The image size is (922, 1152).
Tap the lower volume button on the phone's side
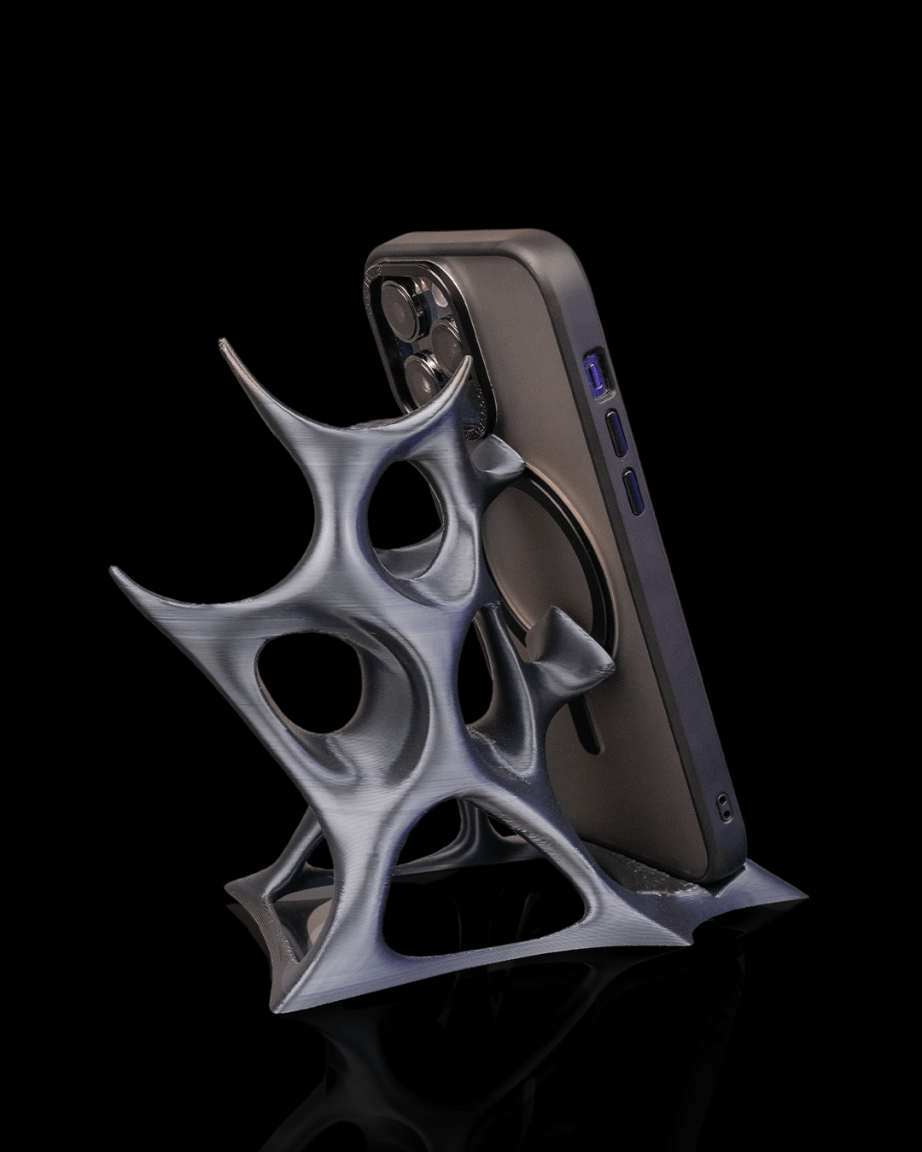[x=633, y=492]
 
